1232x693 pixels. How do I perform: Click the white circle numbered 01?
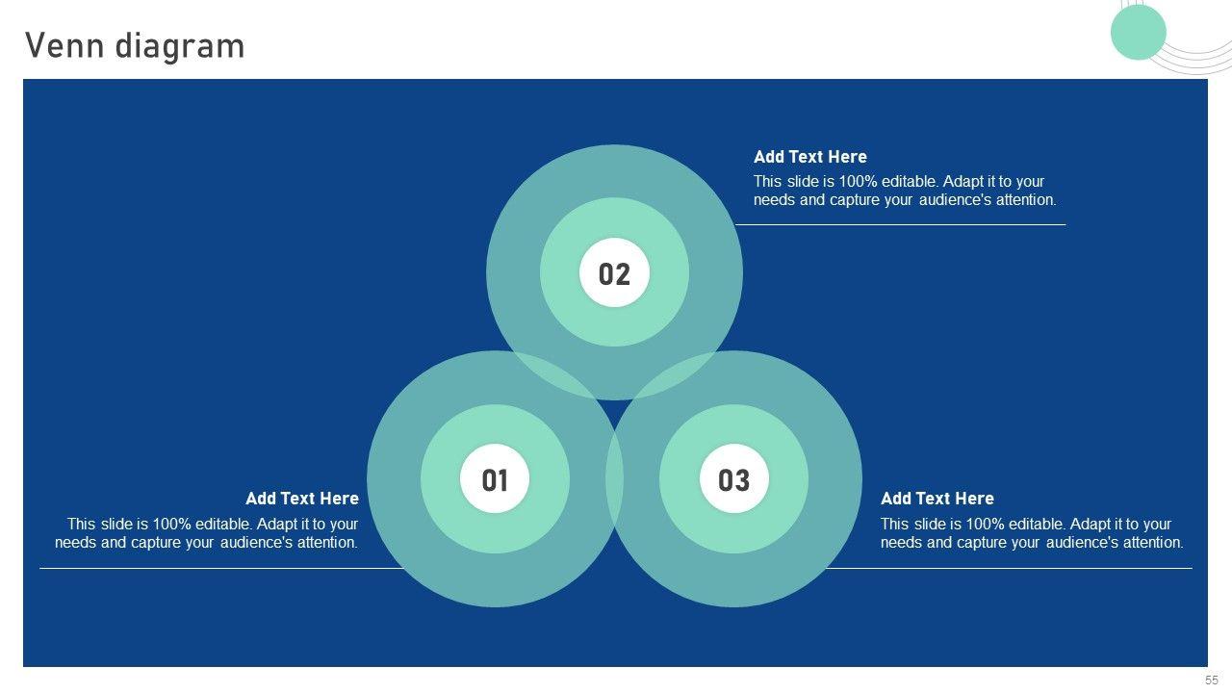pos(495,478)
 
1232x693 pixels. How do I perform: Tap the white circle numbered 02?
pos(614,272)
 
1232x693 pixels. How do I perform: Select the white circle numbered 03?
pos(733,478)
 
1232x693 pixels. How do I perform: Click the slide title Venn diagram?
pos(135,45)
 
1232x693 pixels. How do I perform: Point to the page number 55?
pos(1211,680)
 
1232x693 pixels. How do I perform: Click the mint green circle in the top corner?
pos(1138,32)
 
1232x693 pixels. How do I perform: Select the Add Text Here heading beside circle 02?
pos(810,157)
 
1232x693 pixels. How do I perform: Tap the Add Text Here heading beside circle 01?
pos(302,499)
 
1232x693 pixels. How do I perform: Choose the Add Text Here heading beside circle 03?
pos(937,499)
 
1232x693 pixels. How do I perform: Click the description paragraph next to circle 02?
pos(905,191)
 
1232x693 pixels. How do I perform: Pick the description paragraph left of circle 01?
pos(206,533)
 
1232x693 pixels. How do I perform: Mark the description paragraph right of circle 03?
pos(1032,533)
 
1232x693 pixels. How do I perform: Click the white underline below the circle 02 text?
pos(900,224)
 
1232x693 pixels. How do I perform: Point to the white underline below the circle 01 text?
pos(221,568)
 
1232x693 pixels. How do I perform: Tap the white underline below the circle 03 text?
pos(1009,568)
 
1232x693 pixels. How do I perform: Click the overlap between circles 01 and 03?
pos(614,479)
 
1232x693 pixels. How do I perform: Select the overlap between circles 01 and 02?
pos(554,374)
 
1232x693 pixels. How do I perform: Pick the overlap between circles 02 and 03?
pos(675,374)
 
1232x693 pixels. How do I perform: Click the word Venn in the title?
pos(64,45)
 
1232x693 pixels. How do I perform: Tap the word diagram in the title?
pos(180,47)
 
